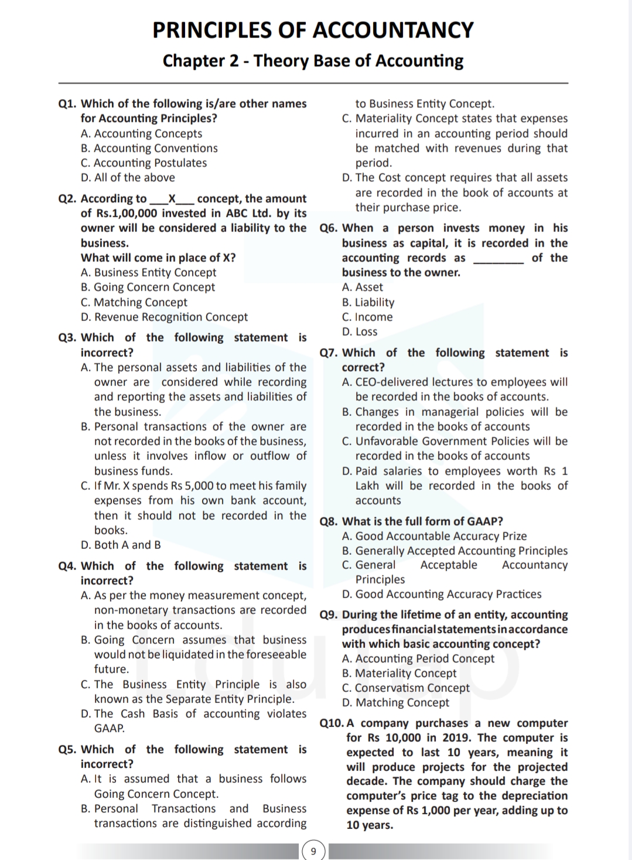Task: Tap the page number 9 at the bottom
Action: (x=313, y=851)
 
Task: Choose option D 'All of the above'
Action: (x=128, y=178)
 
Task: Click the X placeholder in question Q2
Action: (x=172, y=199)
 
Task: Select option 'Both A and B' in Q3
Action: (x=121, y=545)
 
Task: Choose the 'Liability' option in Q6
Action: (x=368, y=302)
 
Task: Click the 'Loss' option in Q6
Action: (x=360, y=332)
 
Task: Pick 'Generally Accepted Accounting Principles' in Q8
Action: (x=455, y=551)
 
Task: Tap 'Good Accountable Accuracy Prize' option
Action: (x=434, y=536)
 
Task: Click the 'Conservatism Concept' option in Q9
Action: (x=406, y=688)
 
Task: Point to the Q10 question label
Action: (x=332, y=723)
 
